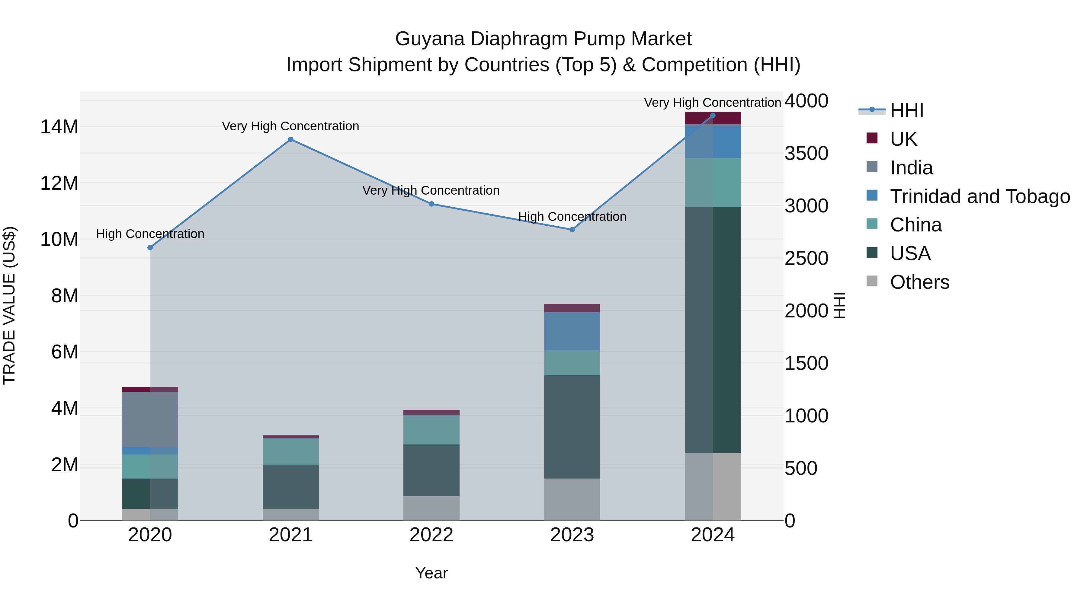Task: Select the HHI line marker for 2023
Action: (x=572, y=230)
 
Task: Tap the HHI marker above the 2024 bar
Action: (x=713, y=116)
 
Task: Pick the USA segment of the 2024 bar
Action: (x=713, y=330)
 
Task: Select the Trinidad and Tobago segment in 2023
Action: (x=572, y=331)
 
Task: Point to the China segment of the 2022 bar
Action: (x=431, y=430)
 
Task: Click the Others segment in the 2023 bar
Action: (x=572, y=499)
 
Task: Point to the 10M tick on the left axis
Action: (x=59, y=240)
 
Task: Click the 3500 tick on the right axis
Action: (x=806, y=154)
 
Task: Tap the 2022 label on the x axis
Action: (x=431, y=535)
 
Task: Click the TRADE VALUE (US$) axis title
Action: (x=9, y=305)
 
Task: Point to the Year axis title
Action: (x=431, y=573)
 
